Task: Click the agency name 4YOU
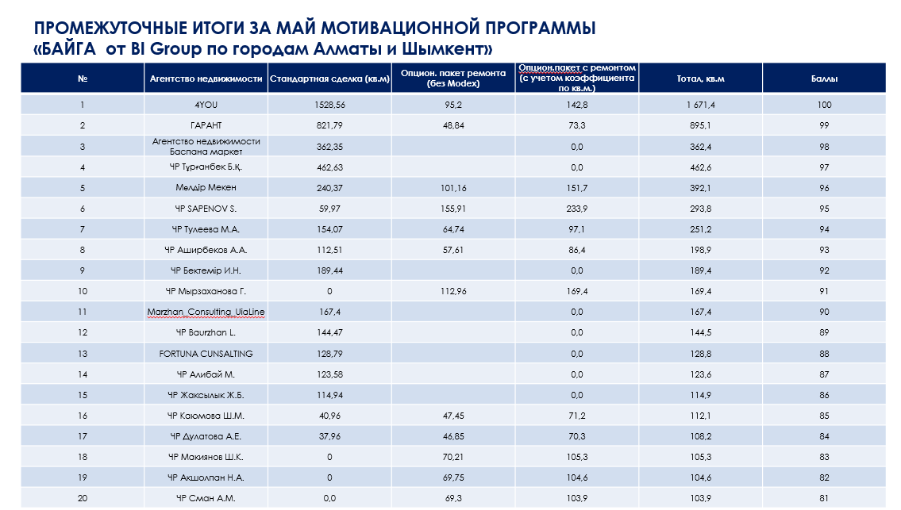pyautogui.click(x=206, y=105)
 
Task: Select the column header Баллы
pyautogui.click(x=824, y=79)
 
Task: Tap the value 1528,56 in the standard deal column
pyautogui.click(x=329, y=105)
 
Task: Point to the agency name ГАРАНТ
pyautogui.click(x=206, y=125)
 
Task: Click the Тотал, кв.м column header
pyautogui.click(x=700, y=79)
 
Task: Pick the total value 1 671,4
pyautogui.click(x=700, y=105)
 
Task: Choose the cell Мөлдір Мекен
pyautogui.click(x=206, y=188)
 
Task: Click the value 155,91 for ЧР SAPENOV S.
pyautogui.click(x=453, y=209)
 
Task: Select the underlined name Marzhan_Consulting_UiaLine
pyautogui.click(x=206, y=312)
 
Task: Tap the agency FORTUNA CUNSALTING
pyautogui.click(x=206, y=354)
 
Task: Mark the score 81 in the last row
pyautogui.click(x=824, y=498)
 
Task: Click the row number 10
pyautogui.click(x=83, y=291)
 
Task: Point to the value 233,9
pyautogui.click(x=577, y=209)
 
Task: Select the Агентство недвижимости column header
pyautogui.click(x=206, y=79)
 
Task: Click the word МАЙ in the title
pyautogui.click(x=297, y=28)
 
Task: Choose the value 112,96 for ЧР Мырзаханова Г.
pyautogui.click(x=453, y=291)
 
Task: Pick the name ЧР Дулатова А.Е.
pyautogui.click(x=206, y=436)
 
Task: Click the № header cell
pyautogui.click(x=83, y=79)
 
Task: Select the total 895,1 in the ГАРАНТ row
pyautogui.click(x=700, y=125)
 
